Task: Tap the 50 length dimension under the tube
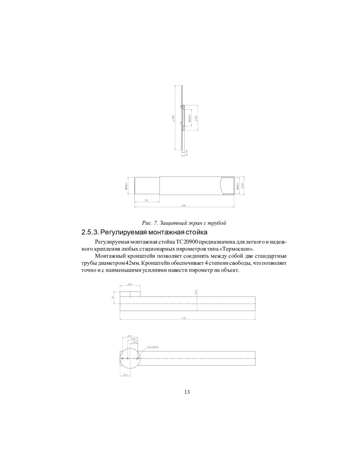[146, 200]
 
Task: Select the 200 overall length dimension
[184, 206]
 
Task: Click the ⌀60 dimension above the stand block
[130, 284]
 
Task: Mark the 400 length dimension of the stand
[184, 318]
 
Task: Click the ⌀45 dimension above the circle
[130, 336]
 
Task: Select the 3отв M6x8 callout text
[152, 347]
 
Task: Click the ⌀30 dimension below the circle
[125, 375]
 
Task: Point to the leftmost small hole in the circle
[123, 358]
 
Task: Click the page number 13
[187, 392]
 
